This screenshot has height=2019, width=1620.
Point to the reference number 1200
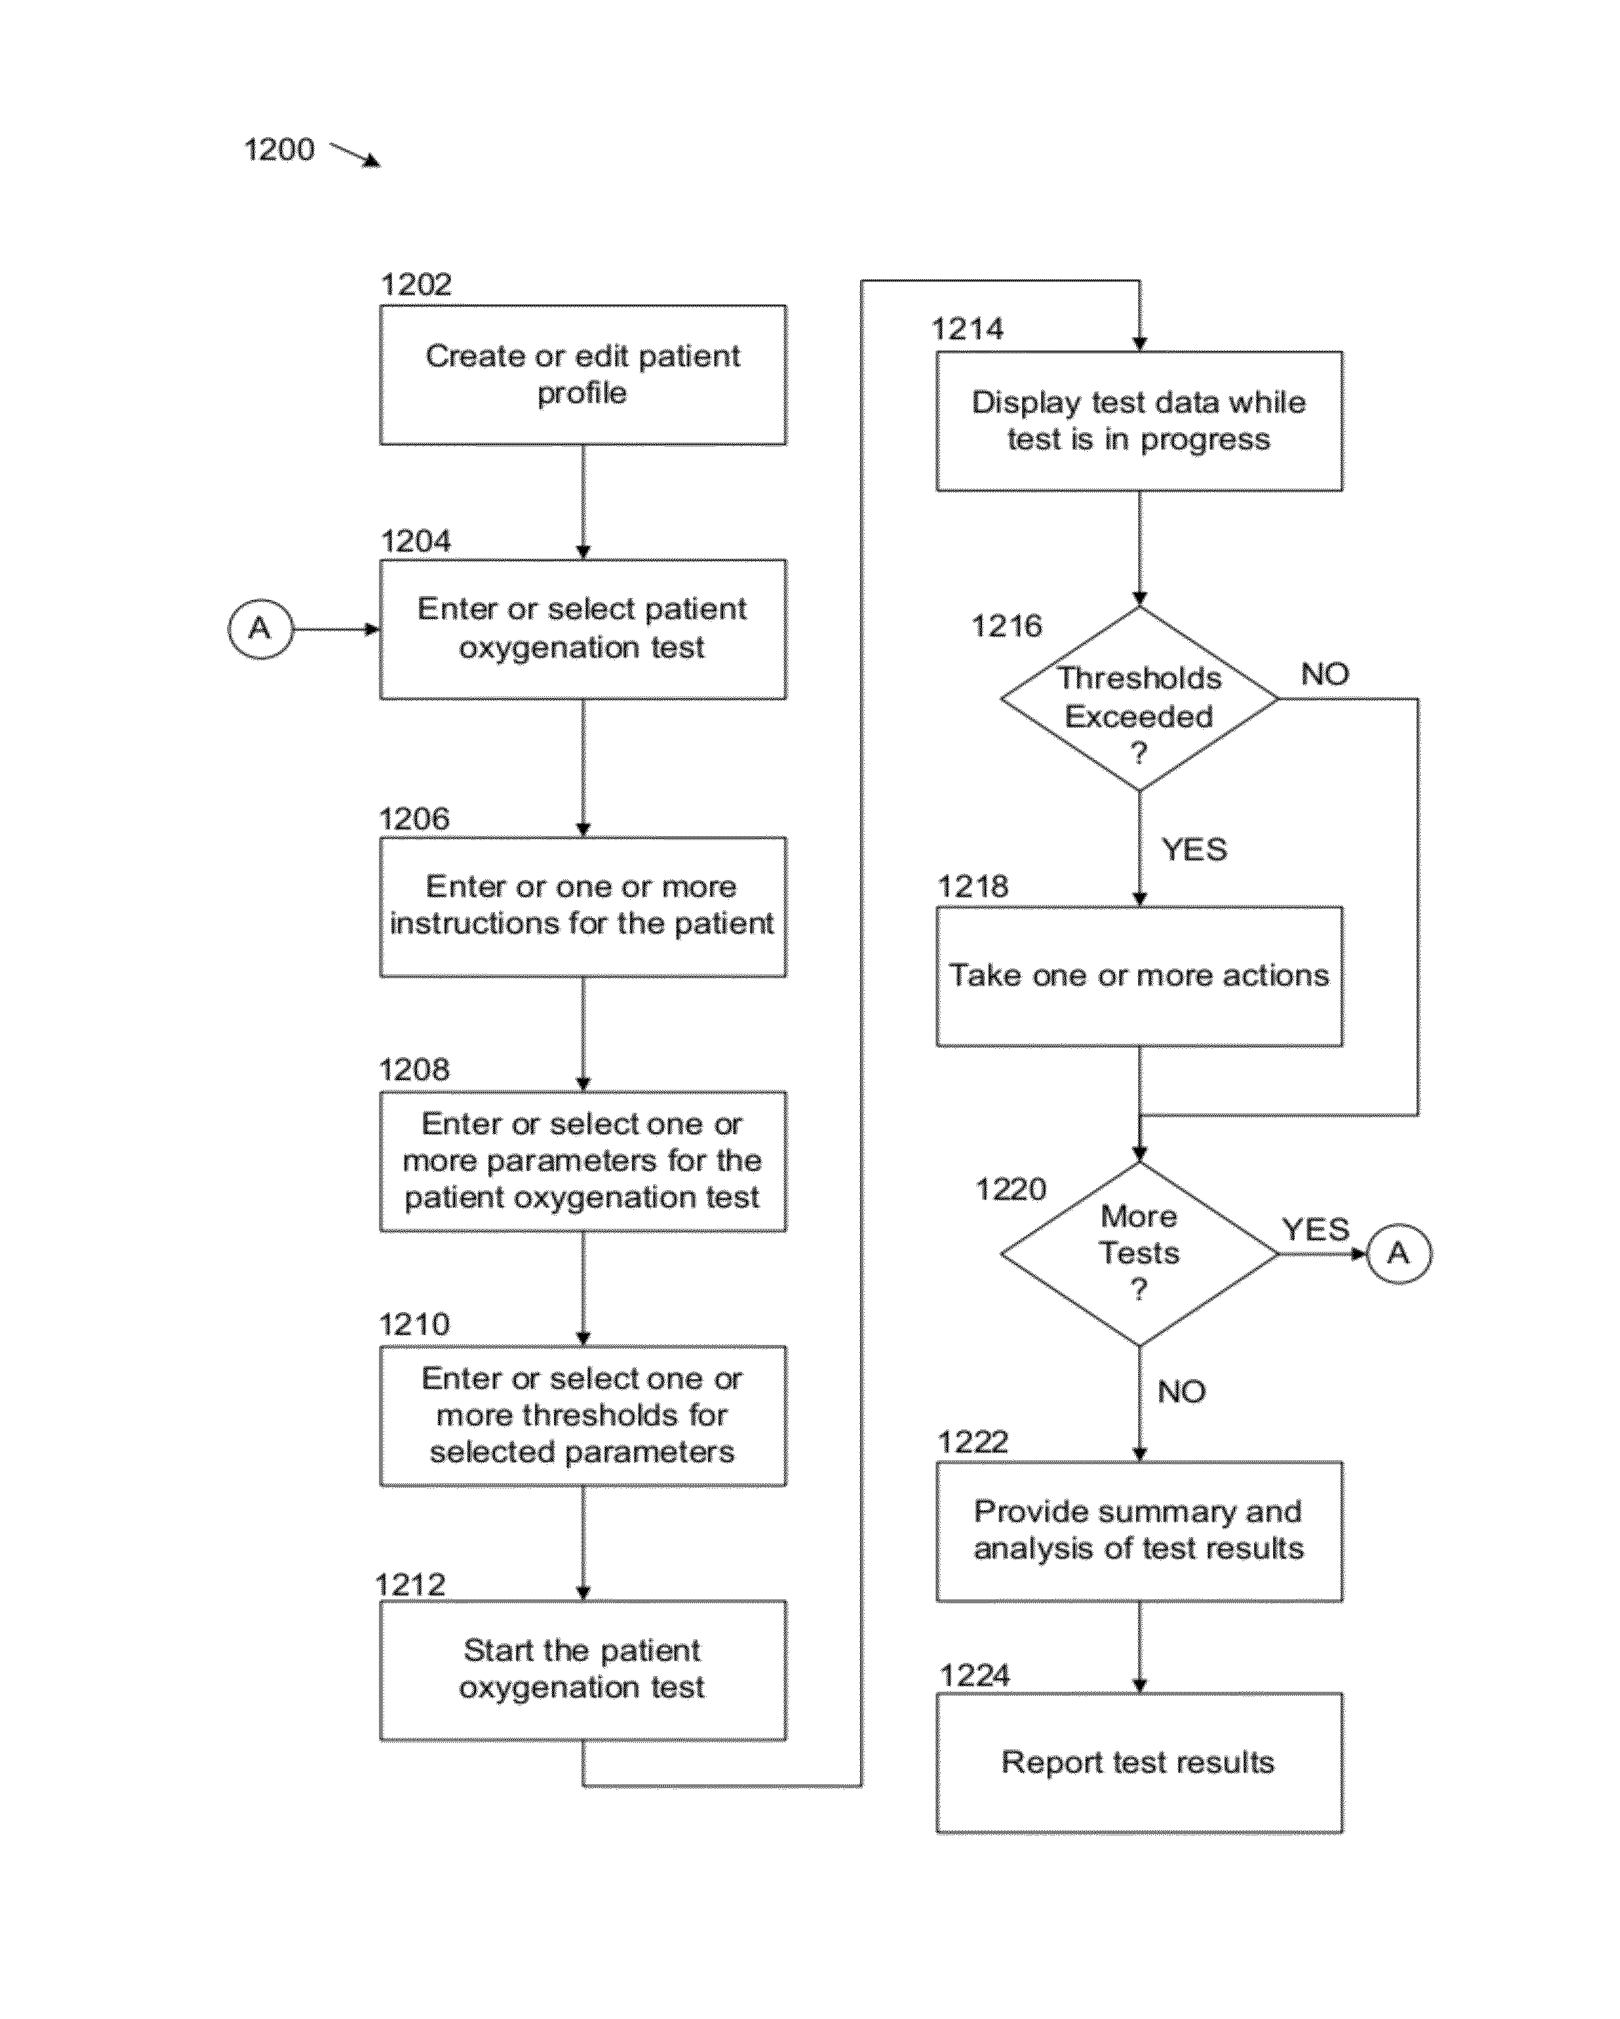click(279, 150)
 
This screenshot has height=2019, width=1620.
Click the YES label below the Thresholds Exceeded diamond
click(1194, 849)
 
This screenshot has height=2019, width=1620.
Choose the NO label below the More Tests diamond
click(1182, 1391)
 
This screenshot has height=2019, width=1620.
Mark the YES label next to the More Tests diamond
click(1316, 1229)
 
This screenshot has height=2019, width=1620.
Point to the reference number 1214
click(967, 329)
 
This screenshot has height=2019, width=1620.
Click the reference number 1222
click(973, 1441)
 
